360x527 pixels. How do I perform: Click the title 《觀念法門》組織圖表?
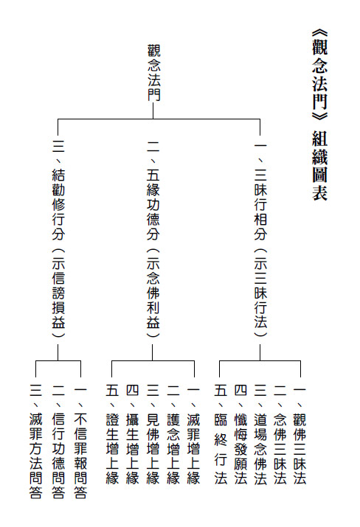point(319,115)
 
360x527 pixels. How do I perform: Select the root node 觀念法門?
point(153,72)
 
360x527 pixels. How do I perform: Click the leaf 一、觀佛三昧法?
point(300,436)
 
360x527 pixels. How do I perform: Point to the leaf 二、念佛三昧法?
point(280,436)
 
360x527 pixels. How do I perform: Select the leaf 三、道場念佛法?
point(260,436)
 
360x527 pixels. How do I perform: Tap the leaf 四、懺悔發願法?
point(240,436)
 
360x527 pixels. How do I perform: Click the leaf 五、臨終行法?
point(221,436)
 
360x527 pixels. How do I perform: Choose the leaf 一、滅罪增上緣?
point(193,436)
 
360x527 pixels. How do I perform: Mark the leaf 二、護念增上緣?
point(173,436)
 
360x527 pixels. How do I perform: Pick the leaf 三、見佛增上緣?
point(153,436)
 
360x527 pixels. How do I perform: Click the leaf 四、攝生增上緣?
point(133,436)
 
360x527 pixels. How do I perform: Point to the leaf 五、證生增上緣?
point(112,436)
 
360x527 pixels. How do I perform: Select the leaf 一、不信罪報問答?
point(80,443)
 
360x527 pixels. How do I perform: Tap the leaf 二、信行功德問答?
point(58,443)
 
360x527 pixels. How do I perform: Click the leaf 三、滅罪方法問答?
point(35,443)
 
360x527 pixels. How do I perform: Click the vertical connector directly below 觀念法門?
point(153,111)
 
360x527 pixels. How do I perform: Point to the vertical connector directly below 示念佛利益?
point(153,352)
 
